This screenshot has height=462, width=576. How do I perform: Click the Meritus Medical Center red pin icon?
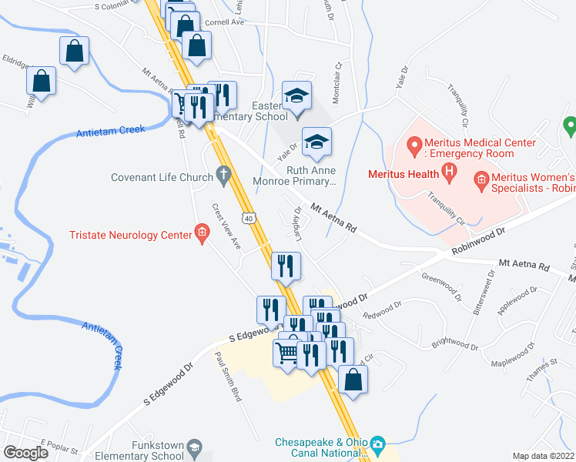[414, 144]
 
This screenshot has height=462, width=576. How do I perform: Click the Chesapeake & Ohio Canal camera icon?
[377, 444]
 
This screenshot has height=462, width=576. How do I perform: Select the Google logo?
[25, 452]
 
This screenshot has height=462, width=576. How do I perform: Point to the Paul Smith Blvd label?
[228, 377]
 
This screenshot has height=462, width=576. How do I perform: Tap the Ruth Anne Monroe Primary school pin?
[315, 142]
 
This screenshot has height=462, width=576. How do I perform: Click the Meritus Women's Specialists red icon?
[482, 181]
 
